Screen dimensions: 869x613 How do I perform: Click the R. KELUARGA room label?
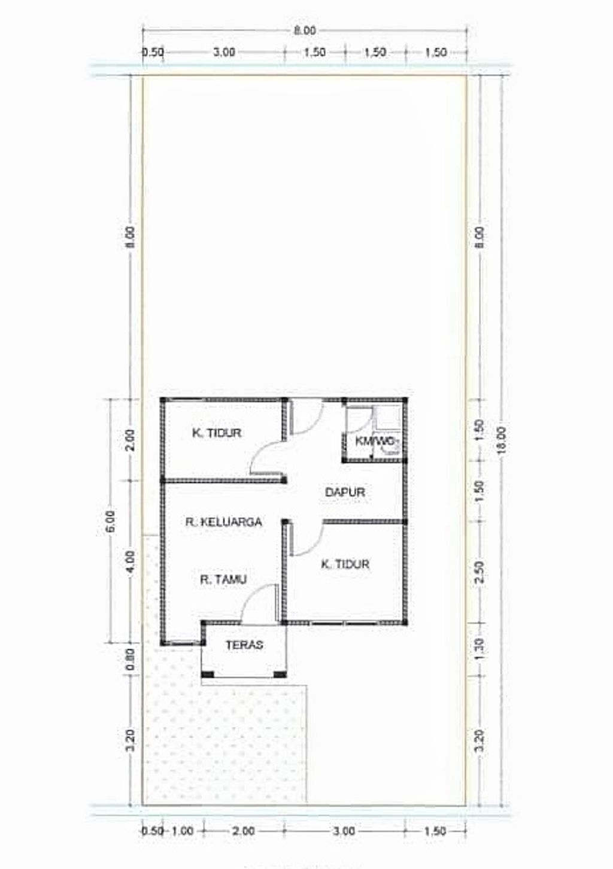pos(223,522)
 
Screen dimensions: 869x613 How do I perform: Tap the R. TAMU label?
pos(223,579)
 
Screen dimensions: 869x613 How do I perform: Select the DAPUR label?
pos(345,492)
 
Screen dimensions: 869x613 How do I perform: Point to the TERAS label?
pos(244,645)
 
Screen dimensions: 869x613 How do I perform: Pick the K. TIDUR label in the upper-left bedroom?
pos(216,433)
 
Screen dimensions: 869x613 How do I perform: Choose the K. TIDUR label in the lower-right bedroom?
pos(345,564)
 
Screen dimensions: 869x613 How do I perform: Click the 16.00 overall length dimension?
pos(502,441)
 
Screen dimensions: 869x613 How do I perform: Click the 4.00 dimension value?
pos(132,561)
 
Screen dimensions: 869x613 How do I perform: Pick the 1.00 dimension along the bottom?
pos(183,831)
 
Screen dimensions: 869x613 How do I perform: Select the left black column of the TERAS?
pos(207,674)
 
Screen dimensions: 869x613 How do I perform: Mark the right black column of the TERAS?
pos(280,674)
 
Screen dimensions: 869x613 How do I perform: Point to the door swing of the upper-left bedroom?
pos(266,458)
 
